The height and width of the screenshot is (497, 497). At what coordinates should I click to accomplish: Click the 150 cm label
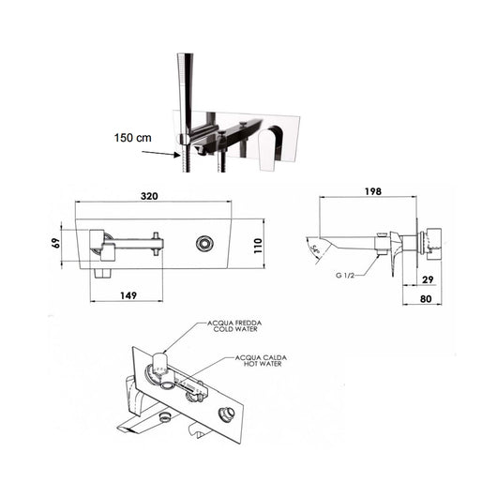tap(133, 138)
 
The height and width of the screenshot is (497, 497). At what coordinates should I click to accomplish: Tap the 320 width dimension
tap(149, 196)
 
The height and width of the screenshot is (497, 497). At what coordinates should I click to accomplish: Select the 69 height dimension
tap(56, 243)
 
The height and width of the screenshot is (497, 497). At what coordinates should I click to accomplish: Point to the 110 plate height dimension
tap(258, 246)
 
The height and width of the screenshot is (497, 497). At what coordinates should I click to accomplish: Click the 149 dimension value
tap(128, 295)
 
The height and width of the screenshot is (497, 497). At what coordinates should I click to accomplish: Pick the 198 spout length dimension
tap(373, 191)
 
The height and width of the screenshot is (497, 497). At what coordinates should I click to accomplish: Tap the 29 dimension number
tap(428, 279)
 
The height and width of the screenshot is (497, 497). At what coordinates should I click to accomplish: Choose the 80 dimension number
tap(426, 299)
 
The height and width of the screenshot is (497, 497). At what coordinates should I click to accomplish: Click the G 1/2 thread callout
tap(344, 275)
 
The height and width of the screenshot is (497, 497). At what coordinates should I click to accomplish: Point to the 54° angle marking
tap(316, 249)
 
